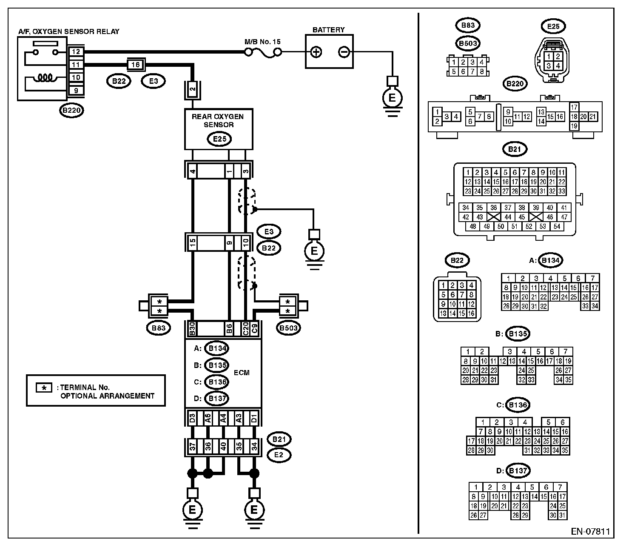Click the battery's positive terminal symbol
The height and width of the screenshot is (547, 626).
tap(316, 52)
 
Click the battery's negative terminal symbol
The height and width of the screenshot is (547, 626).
tap(344, 52)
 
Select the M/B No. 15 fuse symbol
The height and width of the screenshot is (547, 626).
tap(263, 53)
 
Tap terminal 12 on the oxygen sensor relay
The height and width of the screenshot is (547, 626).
tap(76, 51)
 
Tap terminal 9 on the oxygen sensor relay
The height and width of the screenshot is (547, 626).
tap(76, 91)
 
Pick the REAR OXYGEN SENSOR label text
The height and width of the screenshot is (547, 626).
tap(218, 120)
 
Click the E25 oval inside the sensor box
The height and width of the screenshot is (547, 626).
tap(219, 139)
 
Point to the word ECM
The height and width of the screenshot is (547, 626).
tap(242, 373)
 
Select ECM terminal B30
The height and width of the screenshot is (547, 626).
tap(192, 329)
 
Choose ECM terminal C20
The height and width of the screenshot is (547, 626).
tap(245, 329)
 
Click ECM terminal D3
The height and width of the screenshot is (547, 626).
tap(192, 418)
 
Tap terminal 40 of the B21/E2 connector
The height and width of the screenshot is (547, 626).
tap(223, 447)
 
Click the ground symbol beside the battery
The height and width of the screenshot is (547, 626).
tap(392, 98)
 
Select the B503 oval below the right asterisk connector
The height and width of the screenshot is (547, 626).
tap(288, 328)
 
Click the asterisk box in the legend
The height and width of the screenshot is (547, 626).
tap(44, 388)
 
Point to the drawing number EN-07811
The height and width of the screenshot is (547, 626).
tap(591, 531)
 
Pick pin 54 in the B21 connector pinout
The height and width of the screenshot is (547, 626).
tap(557, 226)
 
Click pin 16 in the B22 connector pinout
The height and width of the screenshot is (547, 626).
tap(471, 313)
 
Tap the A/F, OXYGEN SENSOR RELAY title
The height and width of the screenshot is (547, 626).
tap(69, 31)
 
